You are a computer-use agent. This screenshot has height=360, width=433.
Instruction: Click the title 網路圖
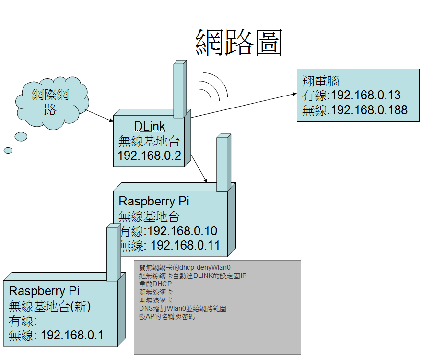coord(239,42)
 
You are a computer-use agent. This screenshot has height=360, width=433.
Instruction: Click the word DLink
coord(150,126)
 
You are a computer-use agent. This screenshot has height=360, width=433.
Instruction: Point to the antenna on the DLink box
coord(179,89)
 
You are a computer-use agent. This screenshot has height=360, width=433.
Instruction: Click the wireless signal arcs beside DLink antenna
coord(213,86)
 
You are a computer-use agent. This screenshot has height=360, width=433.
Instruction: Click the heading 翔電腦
coord(321,80)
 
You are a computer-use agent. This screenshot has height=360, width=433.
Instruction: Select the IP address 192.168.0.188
coord(369,110)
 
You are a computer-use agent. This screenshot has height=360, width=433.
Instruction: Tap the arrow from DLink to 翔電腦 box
coord(245,104)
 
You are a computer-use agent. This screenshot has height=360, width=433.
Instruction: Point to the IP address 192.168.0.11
coord(185,246)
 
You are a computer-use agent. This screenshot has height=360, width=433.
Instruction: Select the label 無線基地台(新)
coord(50,306)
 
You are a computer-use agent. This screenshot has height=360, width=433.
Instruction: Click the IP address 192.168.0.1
coord(72,335)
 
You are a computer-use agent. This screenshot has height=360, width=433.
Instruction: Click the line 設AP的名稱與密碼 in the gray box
coord(167,316)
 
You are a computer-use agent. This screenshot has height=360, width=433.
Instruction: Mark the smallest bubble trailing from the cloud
coord(8,150)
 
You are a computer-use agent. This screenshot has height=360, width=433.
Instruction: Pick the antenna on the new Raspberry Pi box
coord(112,252)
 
